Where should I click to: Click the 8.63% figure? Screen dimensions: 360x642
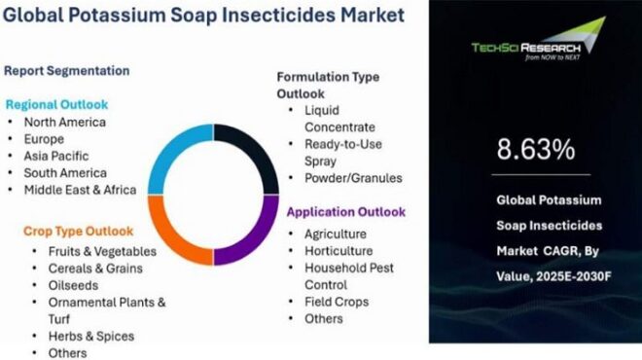[x=535, y=150]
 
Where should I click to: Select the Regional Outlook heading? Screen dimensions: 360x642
[x=56, y=104]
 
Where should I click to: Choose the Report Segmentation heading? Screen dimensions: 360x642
[x=66, y=70]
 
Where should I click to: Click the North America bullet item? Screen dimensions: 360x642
[x=65, y=123]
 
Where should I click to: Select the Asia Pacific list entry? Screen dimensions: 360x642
[x=56, y=156]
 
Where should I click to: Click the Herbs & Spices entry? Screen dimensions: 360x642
[x=90, y=336]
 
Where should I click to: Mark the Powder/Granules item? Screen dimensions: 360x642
[x=353, y=178]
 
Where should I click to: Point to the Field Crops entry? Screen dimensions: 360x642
[x=338, y=301]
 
